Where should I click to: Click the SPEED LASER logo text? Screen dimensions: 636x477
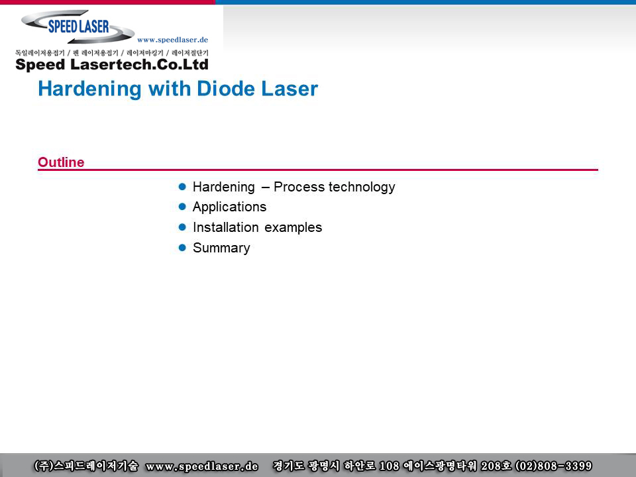pos(79,26)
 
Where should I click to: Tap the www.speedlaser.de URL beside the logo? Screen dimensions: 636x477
pos(172,40)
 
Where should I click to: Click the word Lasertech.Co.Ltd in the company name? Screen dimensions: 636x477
pos(139,64)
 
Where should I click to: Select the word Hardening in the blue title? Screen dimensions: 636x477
pos(90,88)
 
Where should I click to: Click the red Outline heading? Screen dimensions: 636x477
pos(61,162)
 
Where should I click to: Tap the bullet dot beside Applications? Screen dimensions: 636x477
pos(182,207)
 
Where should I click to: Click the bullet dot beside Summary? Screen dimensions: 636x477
pos(182,247)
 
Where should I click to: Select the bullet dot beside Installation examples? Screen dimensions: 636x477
pos(182,227)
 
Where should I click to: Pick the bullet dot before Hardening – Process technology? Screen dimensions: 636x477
pos(182,187)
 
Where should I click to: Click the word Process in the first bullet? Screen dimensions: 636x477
pos(299,187)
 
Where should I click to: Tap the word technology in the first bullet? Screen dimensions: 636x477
pos(362,187)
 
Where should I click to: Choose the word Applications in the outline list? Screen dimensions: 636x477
pos(229,207)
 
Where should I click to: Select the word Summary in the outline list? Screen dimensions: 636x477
pos(221,248)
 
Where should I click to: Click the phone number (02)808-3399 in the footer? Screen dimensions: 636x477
pos(553,466)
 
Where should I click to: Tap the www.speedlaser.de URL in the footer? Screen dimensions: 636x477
pos(201,466)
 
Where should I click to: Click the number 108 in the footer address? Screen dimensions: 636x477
pos(390,466)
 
